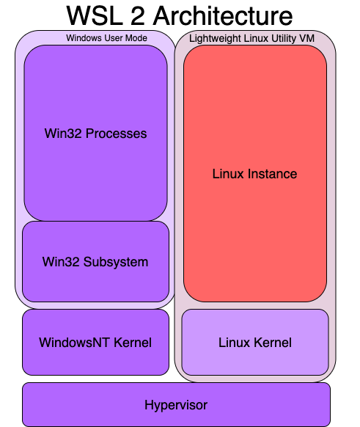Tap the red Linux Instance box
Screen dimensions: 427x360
click(x=254, y=220)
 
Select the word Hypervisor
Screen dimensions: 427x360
click(x=176, y=404)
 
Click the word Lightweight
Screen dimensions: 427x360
click(x=211, y=37)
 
